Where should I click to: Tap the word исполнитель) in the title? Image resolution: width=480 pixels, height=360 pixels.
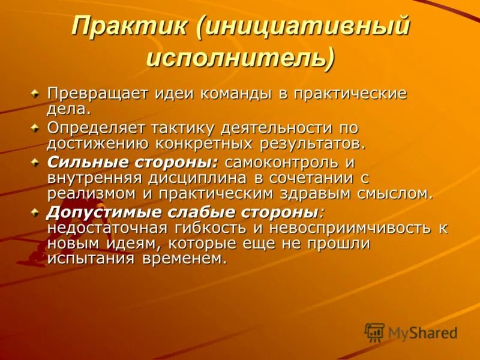pos(240,59)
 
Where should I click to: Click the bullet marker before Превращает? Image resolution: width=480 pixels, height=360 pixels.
pos(35,94)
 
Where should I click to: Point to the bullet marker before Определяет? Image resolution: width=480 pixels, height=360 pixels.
pos(35,127)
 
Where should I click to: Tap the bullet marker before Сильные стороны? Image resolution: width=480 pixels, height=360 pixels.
pos(35,161)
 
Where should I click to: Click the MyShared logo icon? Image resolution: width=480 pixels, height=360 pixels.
pos(374,332)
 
